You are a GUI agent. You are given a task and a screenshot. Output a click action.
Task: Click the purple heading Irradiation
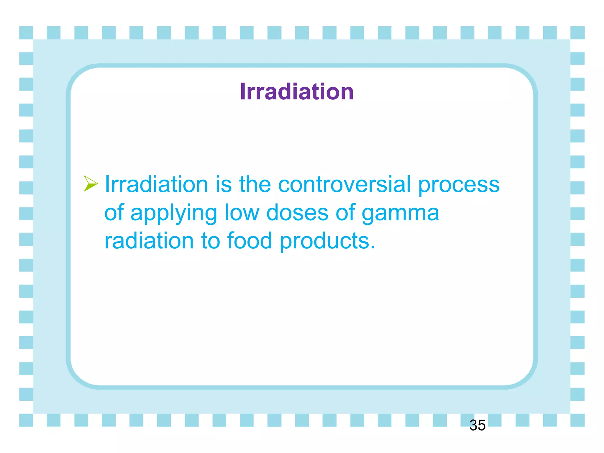click(297, 92)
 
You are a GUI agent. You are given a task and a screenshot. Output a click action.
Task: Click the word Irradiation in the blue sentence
click(156, 184)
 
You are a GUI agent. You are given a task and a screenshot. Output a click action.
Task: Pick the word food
click(249, 241)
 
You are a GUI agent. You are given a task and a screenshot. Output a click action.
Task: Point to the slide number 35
click(477, 425)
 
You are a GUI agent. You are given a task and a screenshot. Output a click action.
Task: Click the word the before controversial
click(255, 184)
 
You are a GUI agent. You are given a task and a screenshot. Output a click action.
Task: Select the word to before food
click(211, 241)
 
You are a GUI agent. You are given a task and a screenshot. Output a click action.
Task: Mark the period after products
click(373, 248)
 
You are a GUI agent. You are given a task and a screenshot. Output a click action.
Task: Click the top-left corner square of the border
click(26, 33)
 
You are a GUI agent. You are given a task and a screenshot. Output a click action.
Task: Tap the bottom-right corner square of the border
click(577, 420)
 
